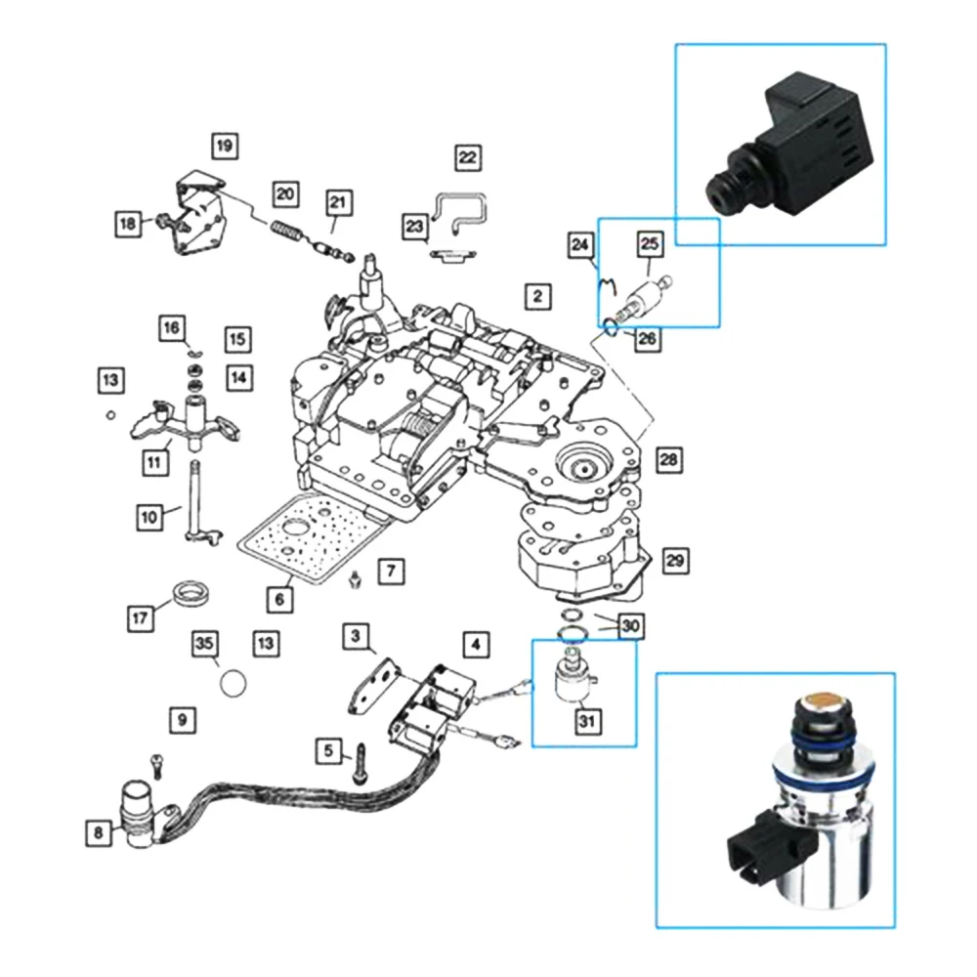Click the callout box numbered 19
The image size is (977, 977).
[225, 148]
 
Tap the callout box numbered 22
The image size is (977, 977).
[468, 156]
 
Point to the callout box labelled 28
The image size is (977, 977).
[668, 459]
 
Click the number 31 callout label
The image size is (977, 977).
[589, 722]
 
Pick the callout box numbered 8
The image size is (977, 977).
[98, 832]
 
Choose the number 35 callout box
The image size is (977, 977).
[204, 643]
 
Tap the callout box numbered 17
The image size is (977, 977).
[141, 617]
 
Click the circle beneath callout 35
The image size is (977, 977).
[233, 681]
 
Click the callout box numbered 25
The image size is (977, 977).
[650, 241]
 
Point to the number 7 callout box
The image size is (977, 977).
[390, 570]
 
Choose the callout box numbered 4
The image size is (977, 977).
[476, 644]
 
